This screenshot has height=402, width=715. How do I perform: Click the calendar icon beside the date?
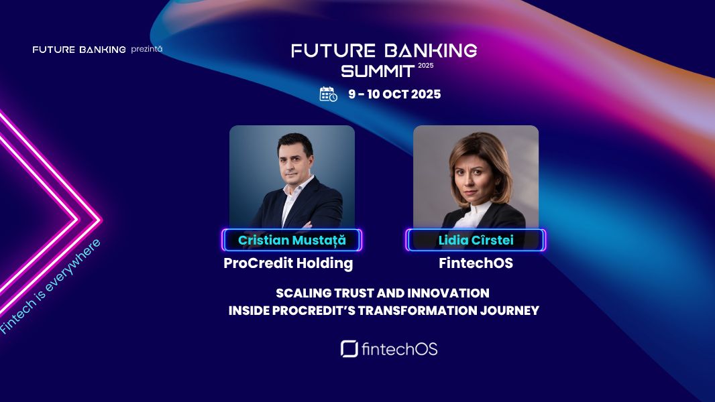(x=328, y=94)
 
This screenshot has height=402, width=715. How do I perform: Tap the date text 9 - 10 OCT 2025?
(x=394, y=94)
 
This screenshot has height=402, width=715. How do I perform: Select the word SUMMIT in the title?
(x=378, y=70)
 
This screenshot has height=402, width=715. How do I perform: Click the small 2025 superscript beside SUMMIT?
(x=426, y=66)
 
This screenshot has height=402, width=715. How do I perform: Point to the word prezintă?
(x=146, y=49)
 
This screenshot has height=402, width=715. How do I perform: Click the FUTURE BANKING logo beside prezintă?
(x=79, y=50)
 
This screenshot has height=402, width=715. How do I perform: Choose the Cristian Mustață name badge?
(x=292, y=240)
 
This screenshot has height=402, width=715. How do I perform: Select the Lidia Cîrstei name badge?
(x=476, y=240)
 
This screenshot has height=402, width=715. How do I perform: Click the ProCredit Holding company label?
(x=288, y=263)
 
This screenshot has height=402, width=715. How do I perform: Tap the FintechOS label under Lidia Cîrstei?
(x=476, y=263)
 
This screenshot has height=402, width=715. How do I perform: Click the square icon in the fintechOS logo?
(x=349, y=349)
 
